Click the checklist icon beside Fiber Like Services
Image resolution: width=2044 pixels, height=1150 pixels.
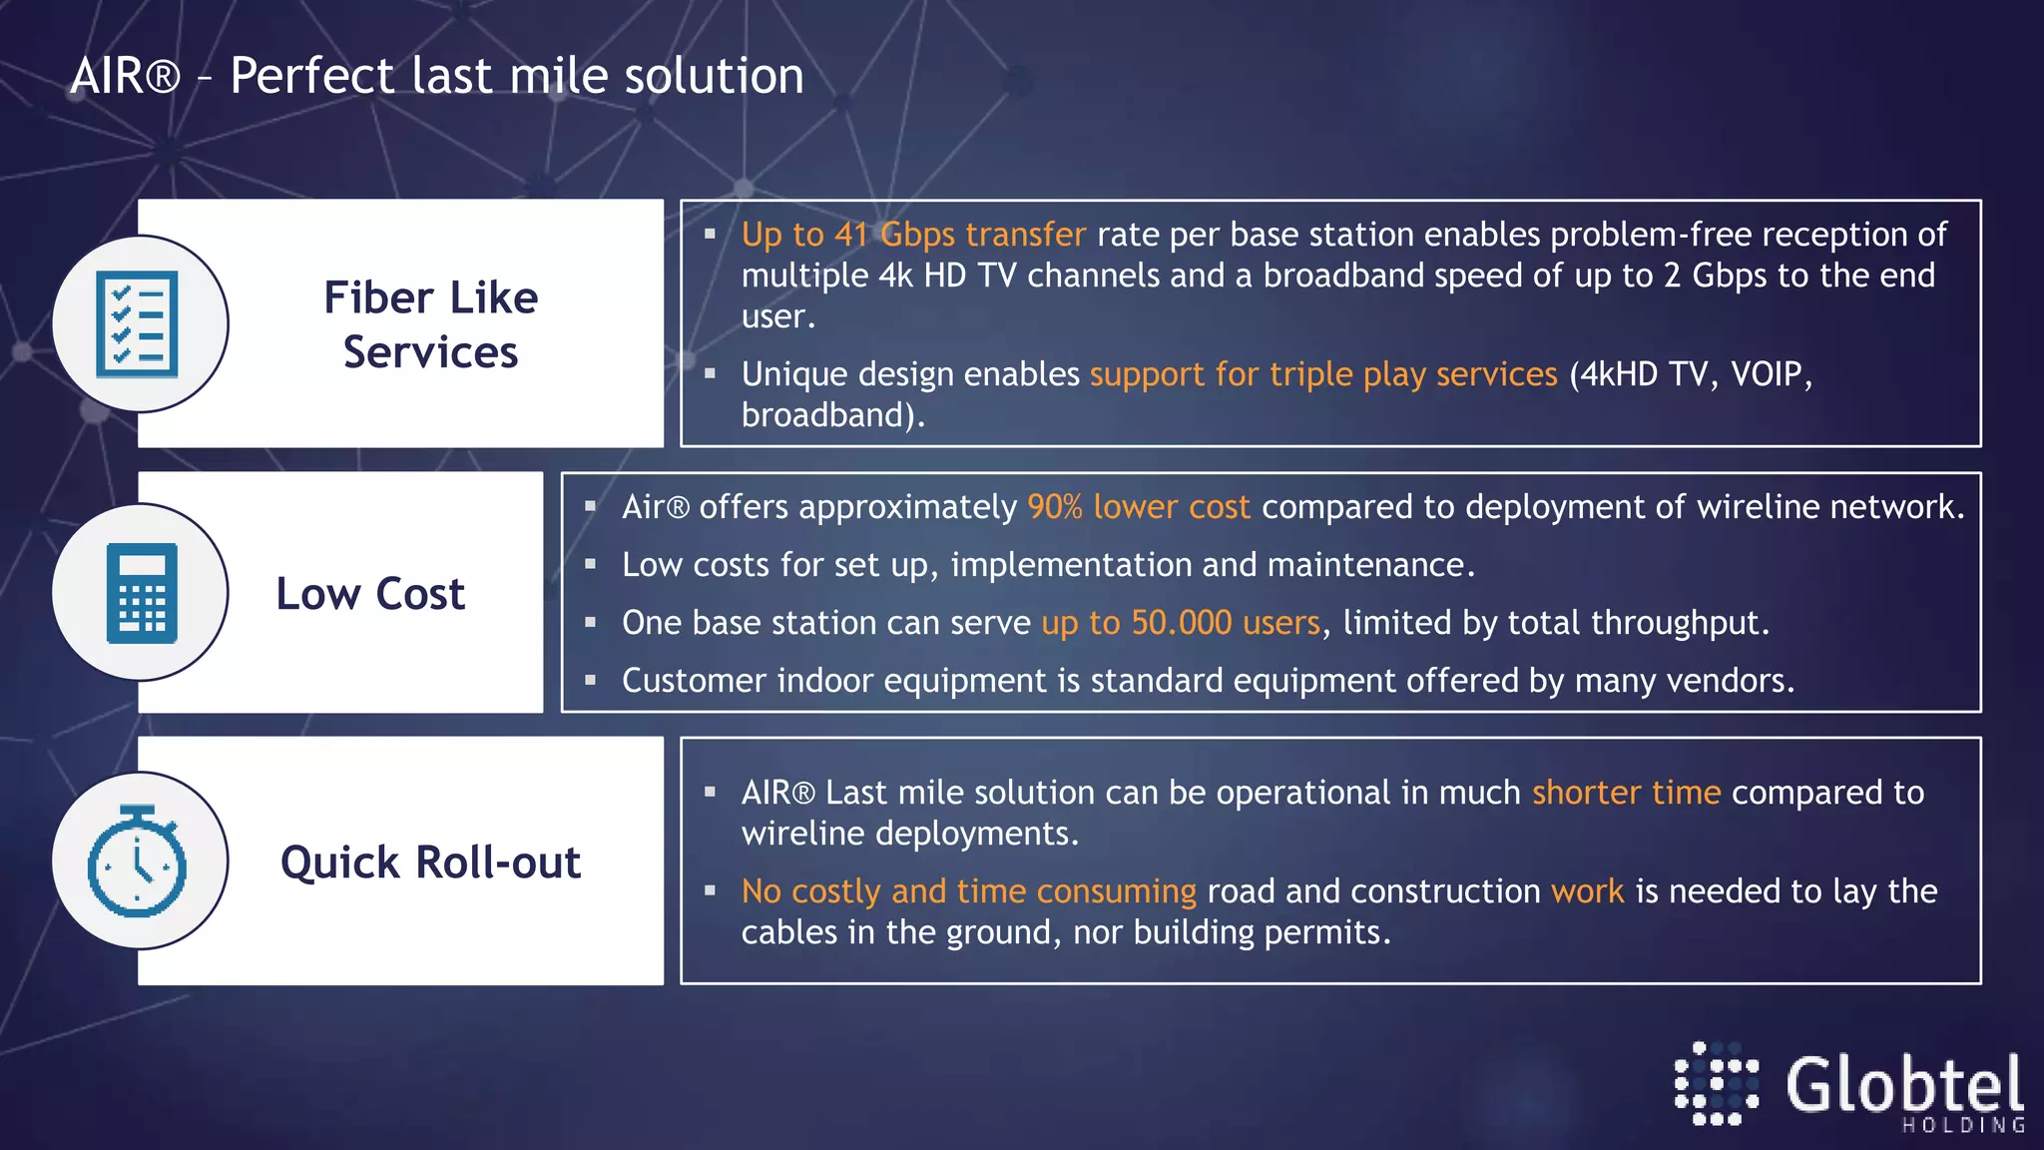pyautogui.click(x=138, y=324)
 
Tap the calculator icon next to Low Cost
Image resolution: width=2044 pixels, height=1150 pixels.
pyautogui.click(x=141, y=593)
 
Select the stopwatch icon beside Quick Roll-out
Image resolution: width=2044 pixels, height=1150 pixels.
pyautogui.click(x=138, y=862)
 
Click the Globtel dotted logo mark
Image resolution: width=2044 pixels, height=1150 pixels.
pyautogui.click(x=1716, y=1084)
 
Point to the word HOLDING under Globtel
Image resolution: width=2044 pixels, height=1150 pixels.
pyautogui.click(x=1962, y=1125)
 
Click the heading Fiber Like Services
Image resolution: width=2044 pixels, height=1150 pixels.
pyautogui.click(x=430, y=324)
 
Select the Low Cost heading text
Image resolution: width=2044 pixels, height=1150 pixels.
pyautogui.click(x=370, y=594)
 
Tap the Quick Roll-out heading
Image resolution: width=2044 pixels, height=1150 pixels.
pyautogui.click(x=430, y=862)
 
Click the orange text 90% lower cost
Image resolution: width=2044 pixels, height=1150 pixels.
pyautogui.click(x=1138, y=507)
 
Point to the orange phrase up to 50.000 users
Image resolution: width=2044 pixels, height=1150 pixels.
pyautogui.click(x=1181, y=623)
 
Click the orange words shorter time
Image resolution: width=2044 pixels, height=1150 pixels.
pyautogui.click(x=1626, y=793)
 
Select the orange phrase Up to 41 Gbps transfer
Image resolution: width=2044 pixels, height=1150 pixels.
pyautogui.click(x=912, y=235)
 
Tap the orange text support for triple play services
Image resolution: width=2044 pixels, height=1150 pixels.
pyautogui.click(x=1322, y=374)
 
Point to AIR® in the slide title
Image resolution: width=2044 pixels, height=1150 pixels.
pyautogui.click(x=125, y=77)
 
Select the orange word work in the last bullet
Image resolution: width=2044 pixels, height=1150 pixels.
pyautogui.click(x=1587, y=891)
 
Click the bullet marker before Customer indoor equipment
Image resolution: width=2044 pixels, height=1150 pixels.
pyautogui.click(x=590, y=681)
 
